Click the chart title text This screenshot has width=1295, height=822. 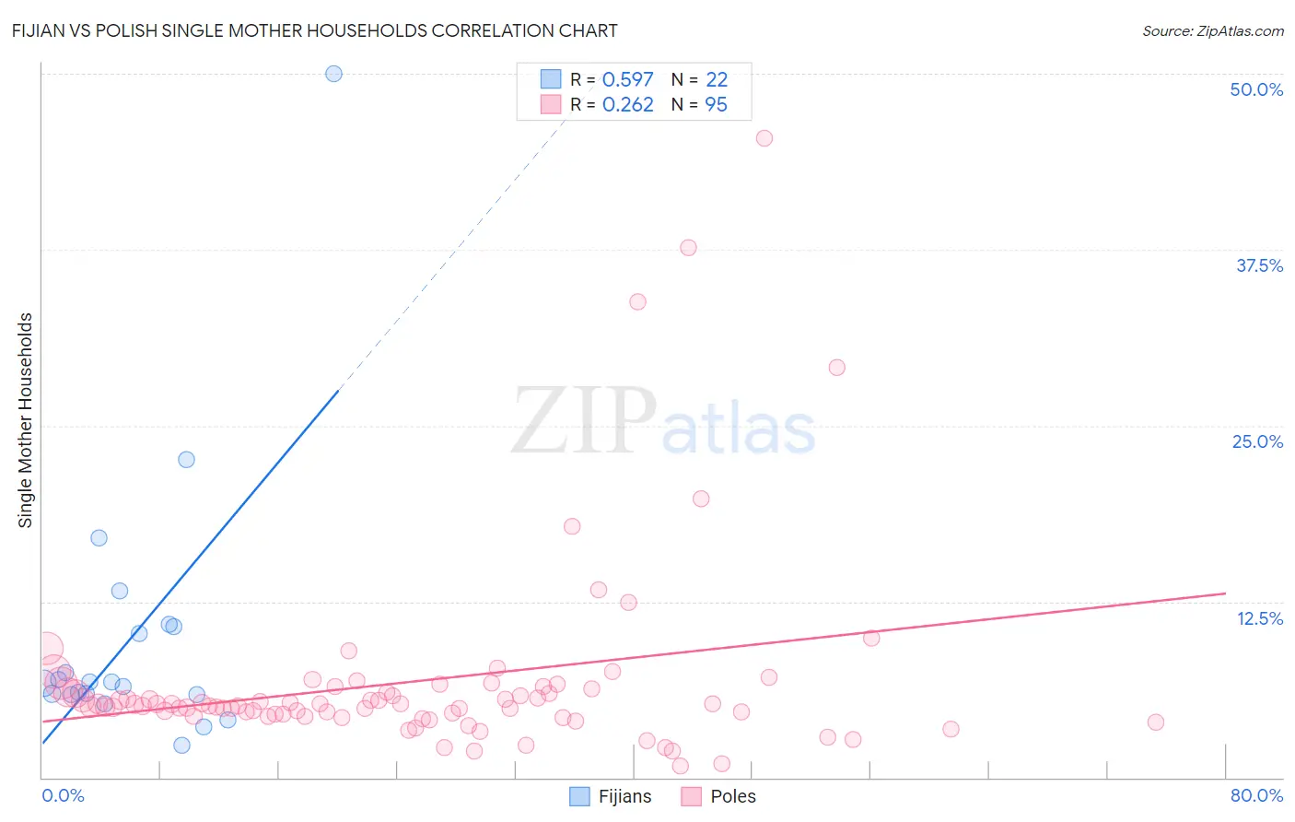315,30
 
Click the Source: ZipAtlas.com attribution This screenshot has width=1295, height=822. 1212,30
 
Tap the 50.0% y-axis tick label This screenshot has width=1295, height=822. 1256,89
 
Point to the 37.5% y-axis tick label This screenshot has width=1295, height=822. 1259,265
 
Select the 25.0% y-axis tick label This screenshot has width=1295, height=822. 1257,441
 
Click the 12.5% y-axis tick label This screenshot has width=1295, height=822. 1259,618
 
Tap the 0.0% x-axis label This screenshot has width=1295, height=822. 63,795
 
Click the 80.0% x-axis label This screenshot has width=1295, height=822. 1256,795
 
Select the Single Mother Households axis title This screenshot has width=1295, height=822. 26,420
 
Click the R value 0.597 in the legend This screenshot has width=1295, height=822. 627,80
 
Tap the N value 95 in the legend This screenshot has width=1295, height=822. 716,105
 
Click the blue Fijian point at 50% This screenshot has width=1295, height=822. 333,74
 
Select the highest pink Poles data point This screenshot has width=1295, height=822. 764,138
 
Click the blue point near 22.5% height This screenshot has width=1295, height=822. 186,459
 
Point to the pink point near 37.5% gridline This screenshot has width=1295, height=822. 688,247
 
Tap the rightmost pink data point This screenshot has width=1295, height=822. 1156,722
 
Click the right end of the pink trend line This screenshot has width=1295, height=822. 1225,593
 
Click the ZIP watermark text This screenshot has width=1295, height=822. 584,422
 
